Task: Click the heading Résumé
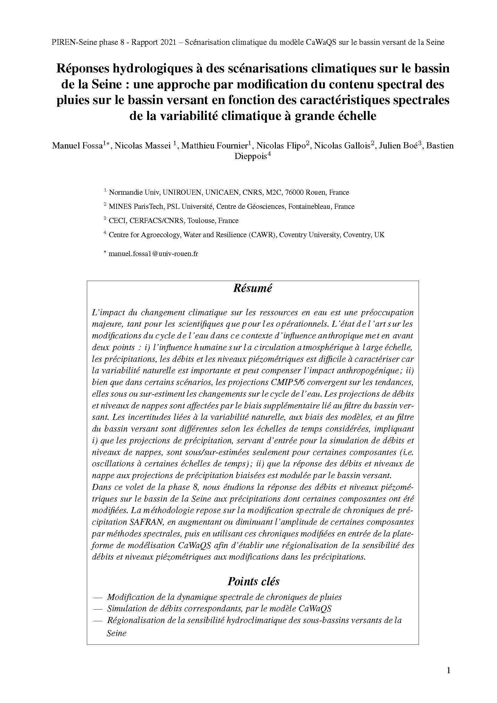pos(252,289)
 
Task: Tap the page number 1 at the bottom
pos(449,671)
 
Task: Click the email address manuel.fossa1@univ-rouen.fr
pos(153,254)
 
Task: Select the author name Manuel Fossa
pos(77,146)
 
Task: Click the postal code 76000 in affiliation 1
pos(294,193)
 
